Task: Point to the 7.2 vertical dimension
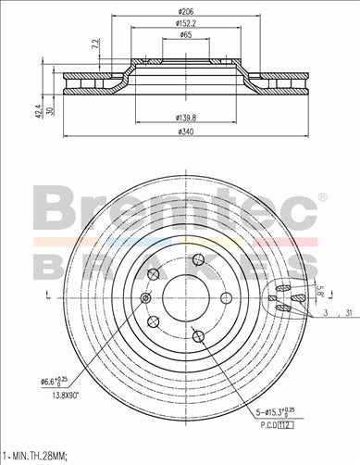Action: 95,44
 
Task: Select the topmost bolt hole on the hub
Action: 198,262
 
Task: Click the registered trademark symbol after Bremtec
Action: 321,196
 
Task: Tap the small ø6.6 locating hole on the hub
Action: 145,298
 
